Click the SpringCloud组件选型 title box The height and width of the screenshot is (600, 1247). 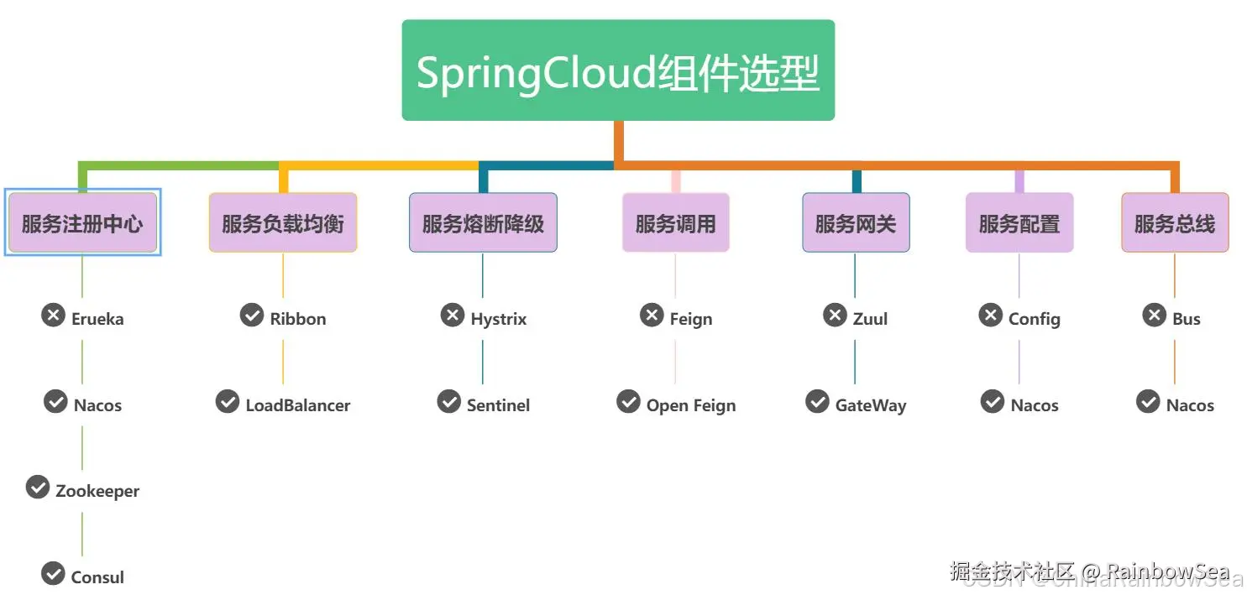[618, 70]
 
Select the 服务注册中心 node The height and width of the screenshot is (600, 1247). [82, 223]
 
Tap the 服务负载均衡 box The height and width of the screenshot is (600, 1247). [283, 223]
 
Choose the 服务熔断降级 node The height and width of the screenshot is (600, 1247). [483, 223]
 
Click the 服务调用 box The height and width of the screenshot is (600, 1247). [675, 223]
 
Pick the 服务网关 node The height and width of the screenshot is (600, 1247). [856, 223]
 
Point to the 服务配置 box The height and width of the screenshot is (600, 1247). [1019, 223]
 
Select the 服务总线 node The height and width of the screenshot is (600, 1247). [1175, 223]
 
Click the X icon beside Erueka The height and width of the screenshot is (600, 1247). [54, 316]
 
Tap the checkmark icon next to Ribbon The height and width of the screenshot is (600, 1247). [252, 316]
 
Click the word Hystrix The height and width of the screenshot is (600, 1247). [499, 320]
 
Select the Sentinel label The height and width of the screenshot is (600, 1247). [499, 405]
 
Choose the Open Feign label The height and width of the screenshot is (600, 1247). [691, 405]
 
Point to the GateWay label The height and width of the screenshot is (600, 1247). [871, 405]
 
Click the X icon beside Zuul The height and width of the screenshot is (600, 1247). [835, 316]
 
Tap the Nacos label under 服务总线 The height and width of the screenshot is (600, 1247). [1190, 405]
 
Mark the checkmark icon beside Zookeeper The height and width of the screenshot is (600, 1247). [38, 488]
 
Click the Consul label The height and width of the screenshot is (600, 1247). [97, 577]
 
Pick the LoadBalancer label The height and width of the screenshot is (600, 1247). [298, 405]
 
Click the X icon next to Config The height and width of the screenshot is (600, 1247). [991, 316]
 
